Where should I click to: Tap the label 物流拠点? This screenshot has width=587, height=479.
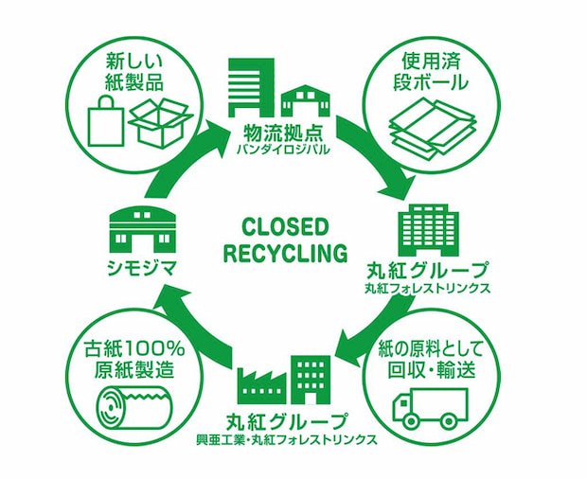coord(282,132)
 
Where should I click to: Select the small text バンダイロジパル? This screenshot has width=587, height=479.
coord(282,149)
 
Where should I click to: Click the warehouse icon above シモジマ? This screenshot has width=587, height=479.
coord(143,231)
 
